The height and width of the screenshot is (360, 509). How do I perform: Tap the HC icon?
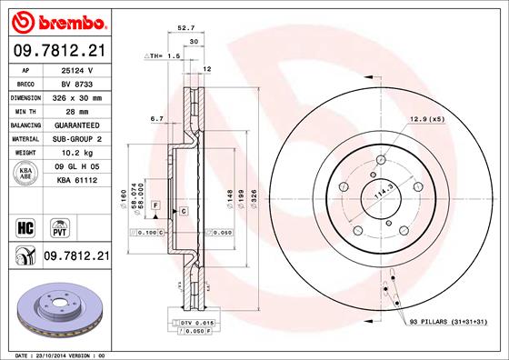[x=25, y=225]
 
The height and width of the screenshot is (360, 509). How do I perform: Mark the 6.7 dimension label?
[x=155, y=118]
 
